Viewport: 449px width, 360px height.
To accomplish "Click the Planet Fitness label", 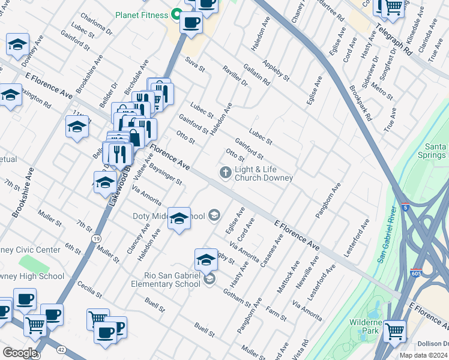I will (142, 14).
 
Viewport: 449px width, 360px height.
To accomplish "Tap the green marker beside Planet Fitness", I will (176, 14).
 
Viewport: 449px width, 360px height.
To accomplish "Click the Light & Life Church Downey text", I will (264, 174).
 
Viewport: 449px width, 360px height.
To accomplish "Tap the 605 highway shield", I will (416, 272).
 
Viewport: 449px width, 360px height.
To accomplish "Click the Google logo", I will (20, 353).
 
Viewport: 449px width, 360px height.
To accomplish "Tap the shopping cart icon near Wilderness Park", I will (394, 330).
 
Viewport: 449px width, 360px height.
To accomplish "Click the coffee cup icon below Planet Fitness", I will (191, 23).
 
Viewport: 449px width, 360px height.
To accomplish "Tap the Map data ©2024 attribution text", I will (423, 355).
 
